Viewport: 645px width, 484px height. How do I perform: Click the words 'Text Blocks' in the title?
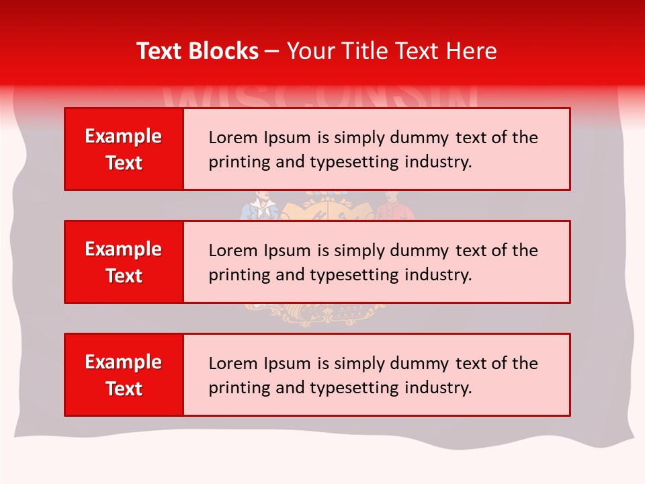click(198, 51)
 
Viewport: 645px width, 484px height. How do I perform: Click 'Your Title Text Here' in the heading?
click(392, 51)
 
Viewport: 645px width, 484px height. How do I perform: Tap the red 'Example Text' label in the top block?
click(124, 149)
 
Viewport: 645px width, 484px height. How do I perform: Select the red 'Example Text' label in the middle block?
click(124, 262)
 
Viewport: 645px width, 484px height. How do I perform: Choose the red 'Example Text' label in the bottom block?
click(124, 375)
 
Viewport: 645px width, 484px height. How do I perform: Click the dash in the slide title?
click(272, 51)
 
